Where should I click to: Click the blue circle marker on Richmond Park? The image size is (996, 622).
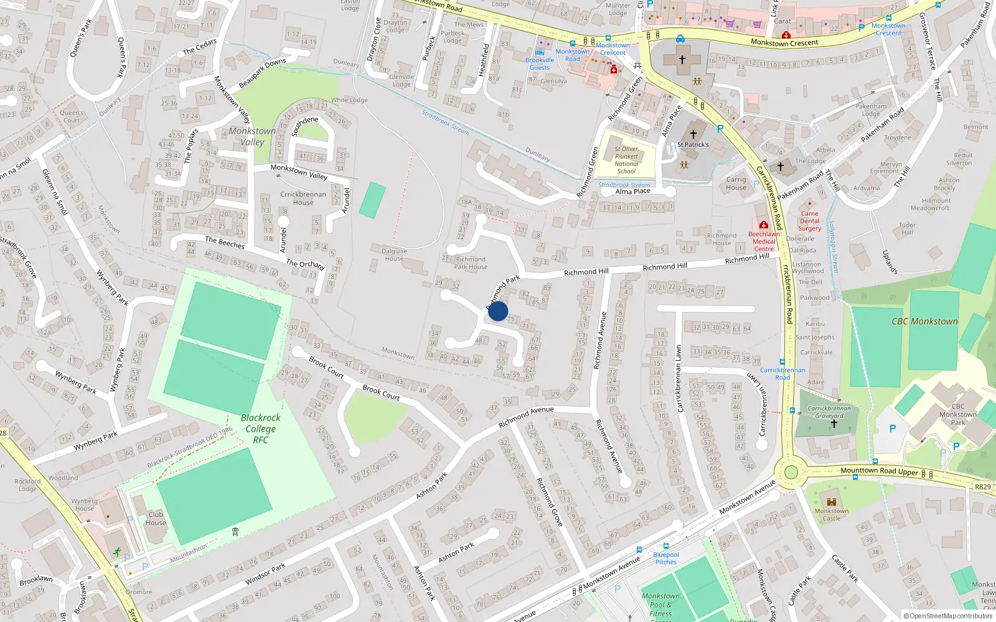point(498,311)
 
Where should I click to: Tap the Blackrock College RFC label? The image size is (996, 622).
point(260,429)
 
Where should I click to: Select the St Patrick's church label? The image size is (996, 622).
point(693,144)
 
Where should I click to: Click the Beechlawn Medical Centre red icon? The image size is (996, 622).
point(763,225)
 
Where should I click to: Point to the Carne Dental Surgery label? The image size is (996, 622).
point(809,221)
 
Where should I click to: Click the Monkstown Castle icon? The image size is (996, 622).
point(831,501)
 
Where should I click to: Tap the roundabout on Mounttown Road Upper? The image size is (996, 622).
point(791,471)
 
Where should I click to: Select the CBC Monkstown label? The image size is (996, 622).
point(924,322)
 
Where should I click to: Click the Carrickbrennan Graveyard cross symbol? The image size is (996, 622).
point(834,424)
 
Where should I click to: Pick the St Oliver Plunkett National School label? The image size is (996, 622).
point(626,160)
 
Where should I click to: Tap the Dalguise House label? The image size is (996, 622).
point(394,254)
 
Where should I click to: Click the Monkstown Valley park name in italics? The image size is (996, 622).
point(252,136)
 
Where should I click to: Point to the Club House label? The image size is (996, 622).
point(156,518)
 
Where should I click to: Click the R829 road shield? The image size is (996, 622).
point(982,486)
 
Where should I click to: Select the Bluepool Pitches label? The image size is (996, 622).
point(666,558)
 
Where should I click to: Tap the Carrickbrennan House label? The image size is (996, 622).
point(303,198)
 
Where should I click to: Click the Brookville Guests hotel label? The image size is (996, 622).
point(540,63)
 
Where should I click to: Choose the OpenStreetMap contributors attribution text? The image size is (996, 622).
point(948,616)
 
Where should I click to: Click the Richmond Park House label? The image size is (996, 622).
point(471,262)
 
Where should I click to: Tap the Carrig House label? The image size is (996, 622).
point(736,183)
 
